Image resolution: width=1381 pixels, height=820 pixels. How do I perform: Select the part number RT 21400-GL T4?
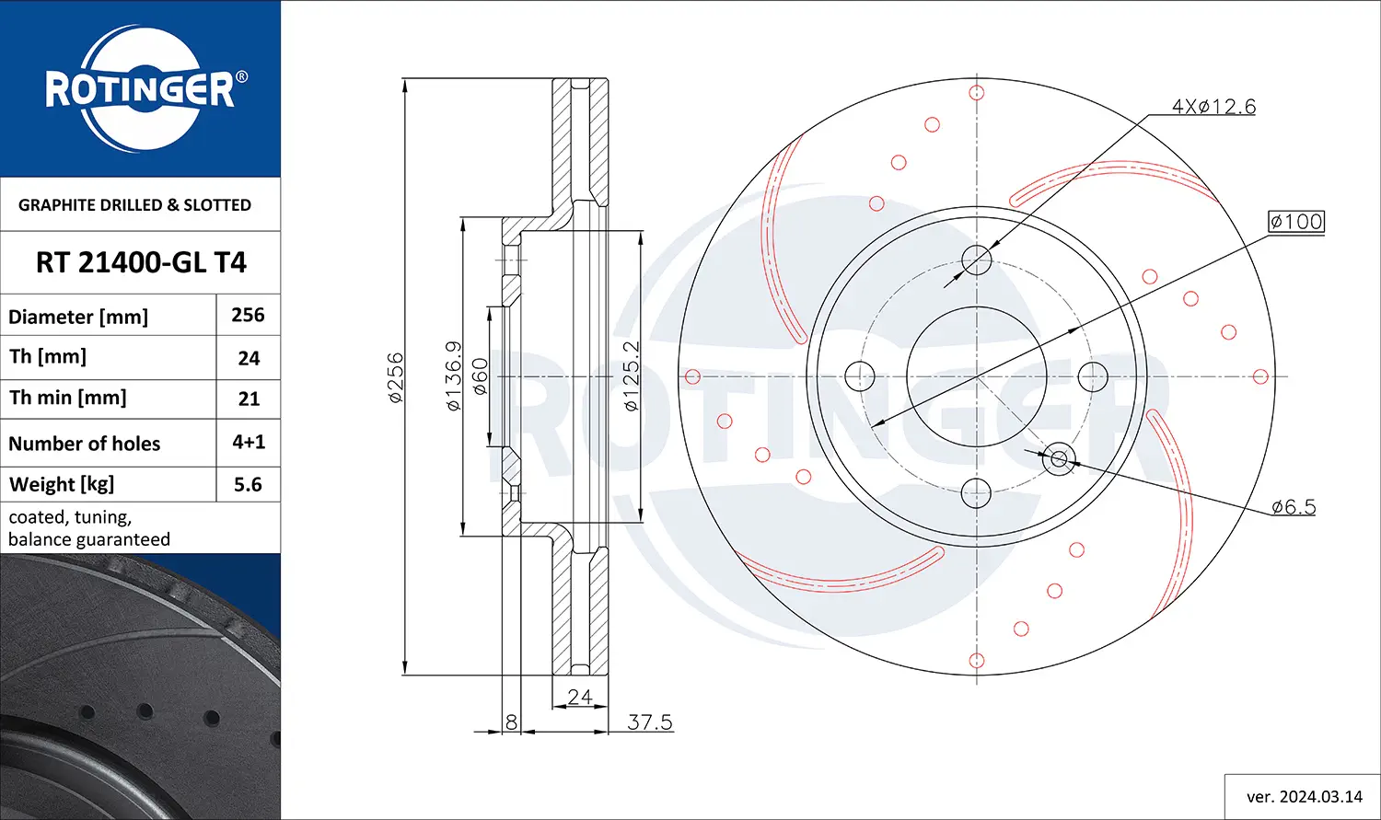coord(141,262)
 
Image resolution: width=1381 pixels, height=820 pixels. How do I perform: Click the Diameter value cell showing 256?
coord(248,315)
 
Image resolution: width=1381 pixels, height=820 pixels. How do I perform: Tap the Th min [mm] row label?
coord(67,398)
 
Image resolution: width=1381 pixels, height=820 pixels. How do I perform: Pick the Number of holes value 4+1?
coord(249,442)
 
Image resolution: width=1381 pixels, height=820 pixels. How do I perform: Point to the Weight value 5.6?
coord(248,484)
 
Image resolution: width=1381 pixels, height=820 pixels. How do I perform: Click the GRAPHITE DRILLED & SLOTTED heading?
coord(134,204)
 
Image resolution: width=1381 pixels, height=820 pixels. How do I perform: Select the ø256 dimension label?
coord(395,377)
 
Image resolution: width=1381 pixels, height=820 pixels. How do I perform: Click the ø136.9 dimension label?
coord(453,375)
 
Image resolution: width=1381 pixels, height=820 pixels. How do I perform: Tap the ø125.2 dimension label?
coord(632,375)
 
